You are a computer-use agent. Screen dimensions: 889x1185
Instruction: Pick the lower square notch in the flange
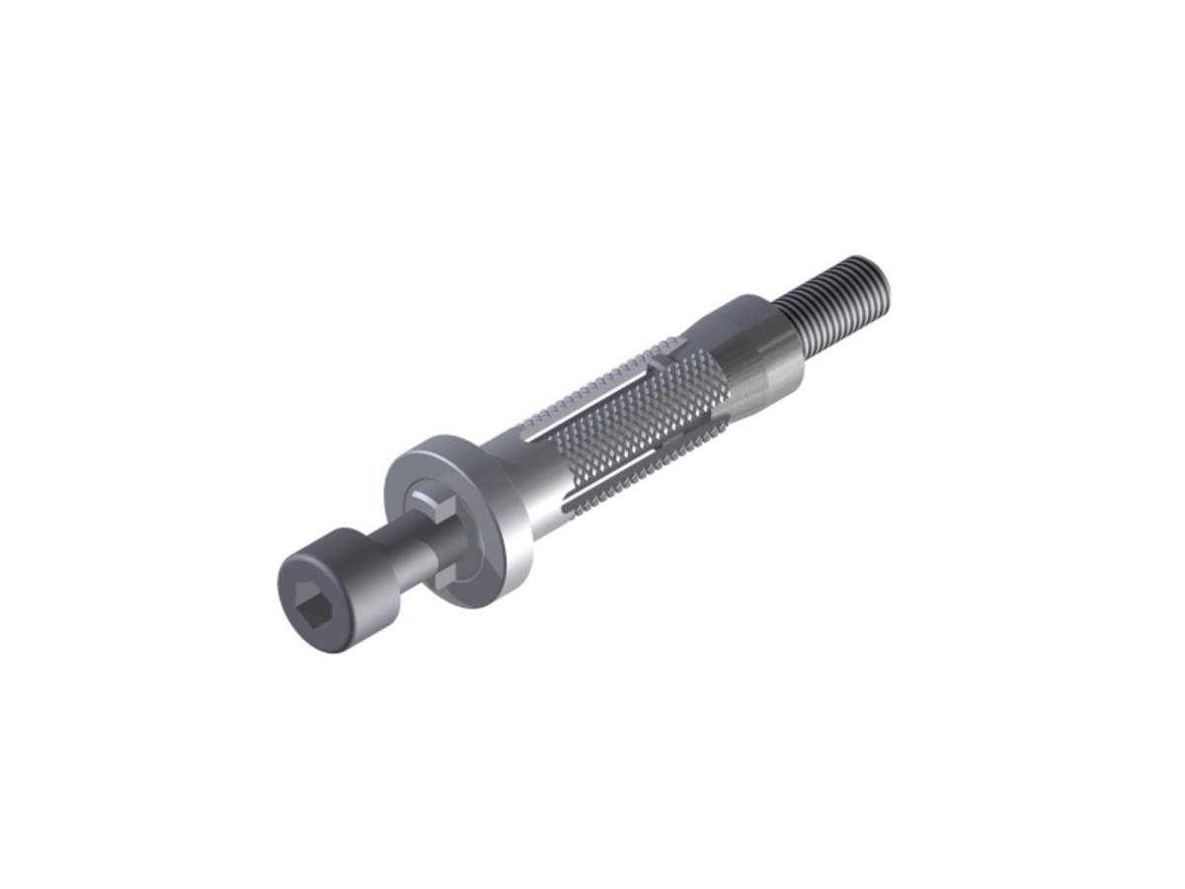tap(446, 575)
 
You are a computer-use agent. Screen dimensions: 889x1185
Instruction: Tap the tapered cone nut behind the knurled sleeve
tap(760, 356)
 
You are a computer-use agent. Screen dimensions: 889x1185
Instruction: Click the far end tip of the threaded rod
tap(881, 281)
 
